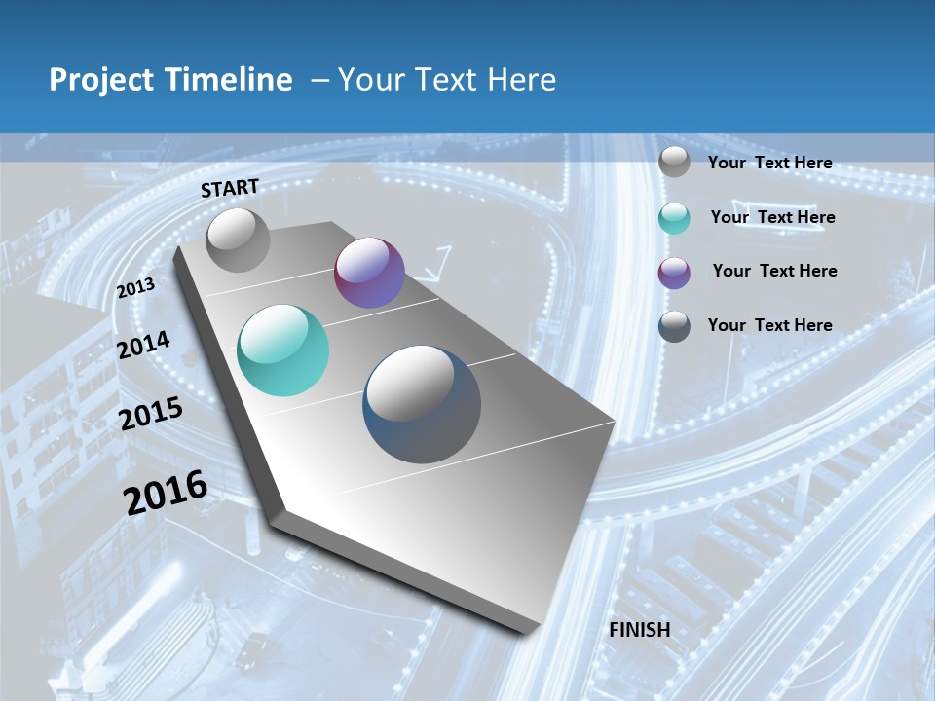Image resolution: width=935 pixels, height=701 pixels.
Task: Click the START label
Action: (x=230, y=188)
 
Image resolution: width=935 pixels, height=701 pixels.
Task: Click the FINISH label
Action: (x=640, y=630)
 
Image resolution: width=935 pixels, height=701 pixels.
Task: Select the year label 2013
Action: (x=136, y=288)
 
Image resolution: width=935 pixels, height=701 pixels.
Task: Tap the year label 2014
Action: (x=144, y=345)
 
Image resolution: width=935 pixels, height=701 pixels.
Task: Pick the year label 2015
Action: (x=151, y=414)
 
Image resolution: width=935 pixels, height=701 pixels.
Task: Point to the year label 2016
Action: (x=166, y=493)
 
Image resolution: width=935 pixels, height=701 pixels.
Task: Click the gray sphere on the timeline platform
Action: (x=239, y=240)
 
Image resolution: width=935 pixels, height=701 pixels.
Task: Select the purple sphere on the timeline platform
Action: (x=369, y=273)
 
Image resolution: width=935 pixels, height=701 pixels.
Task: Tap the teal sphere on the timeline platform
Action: (x=283, y=350)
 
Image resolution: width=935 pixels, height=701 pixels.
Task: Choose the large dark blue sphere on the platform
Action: (x=422, y=404)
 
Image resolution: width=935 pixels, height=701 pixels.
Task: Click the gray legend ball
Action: (x=674, y=163)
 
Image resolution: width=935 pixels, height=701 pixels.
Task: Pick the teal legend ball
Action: (x=674, y=217)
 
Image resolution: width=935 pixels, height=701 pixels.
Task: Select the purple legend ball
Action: (x=674, y=272)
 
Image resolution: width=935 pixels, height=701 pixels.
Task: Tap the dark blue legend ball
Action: (x=674, y=326)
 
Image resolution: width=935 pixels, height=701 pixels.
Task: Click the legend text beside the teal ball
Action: (x=772, y=217)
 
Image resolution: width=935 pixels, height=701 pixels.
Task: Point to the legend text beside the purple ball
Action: (x=774, y=271)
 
